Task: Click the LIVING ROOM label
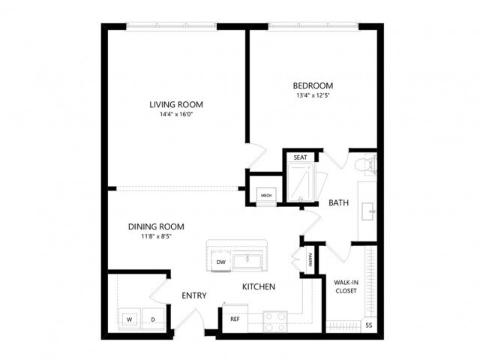[x=176, y=104]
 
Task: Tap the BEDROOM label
[x=314, y=85]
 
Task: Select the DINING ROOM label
[x=156, y=226]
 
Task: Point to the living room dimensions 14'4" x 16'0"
[x=176, y=115]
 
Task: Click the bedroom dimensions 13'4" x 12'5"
[x=314, y=96]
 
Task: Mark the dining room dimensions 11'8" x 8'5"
[x=156, y=237]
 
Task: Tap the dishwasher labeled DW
[x=221, y=262]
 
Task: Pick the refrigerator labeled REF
[x=235, y=319]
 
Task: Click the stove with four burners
[x=274, y=321]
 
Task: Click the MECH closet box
[x=265, y=195]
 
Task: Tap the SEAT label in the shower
[x=300, y=157]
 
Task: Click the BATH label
[x=339, y=202]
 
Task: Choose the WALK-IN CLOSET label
[x=346, y=286]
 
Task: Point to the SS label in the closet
[x=368, y=325]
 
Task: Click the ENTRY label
[x=194, y=295]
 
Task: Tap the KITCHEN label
[x=258, y=286]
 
